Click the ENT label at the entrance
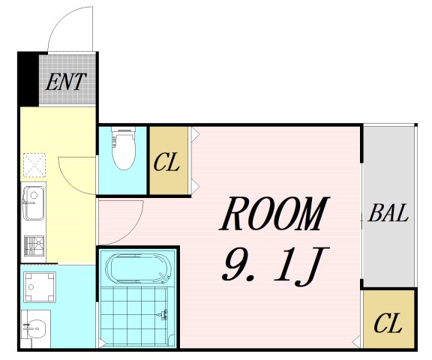click(65, 82)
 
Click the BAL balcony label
click(388, 213)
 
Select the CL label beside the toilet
click(166, 162)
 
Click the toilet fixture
click(124, 148)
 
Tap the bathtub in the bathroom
click(139, 268)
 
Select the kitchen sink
click(33, 202)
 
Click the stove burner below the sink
click(34, 246)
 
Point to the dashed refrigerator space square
click(34, 165)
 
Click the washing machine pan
click(40, 287)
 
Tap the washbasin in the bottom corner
click(35, 328)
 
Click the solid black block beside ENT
click(28, 79)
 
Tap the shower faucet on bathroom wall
click(163, 314)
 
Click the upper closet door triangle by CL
click(195, 133)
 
